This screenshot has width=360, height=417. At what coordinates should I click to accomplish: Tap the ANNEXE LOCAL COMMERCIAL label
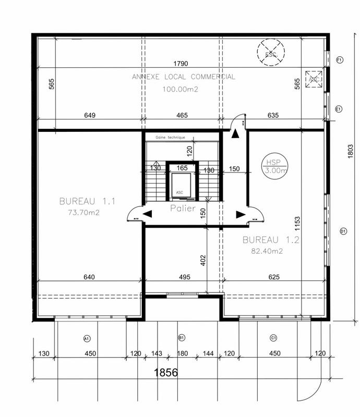coord(183,77)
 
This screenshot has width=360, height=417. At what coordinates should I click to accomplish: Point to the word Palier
coord(182,208)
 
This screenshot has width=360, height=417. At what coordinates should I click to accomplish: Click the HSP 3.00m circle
coord(274,166)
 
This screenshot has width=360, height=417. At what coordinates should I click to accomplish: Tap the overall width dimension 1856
coord(165,373)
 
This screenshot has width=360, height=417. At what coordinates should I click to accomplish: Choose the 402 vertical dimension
coord(203,260)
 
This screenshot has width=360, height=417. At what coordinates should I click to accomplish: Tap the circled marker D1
coord(343,231)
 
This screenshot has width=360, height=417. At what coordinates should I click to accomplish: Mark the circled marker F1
coord(340,59)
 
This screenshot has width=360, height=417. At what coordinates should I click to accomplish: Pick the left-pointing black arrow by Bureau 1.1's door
coord(148,214)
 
